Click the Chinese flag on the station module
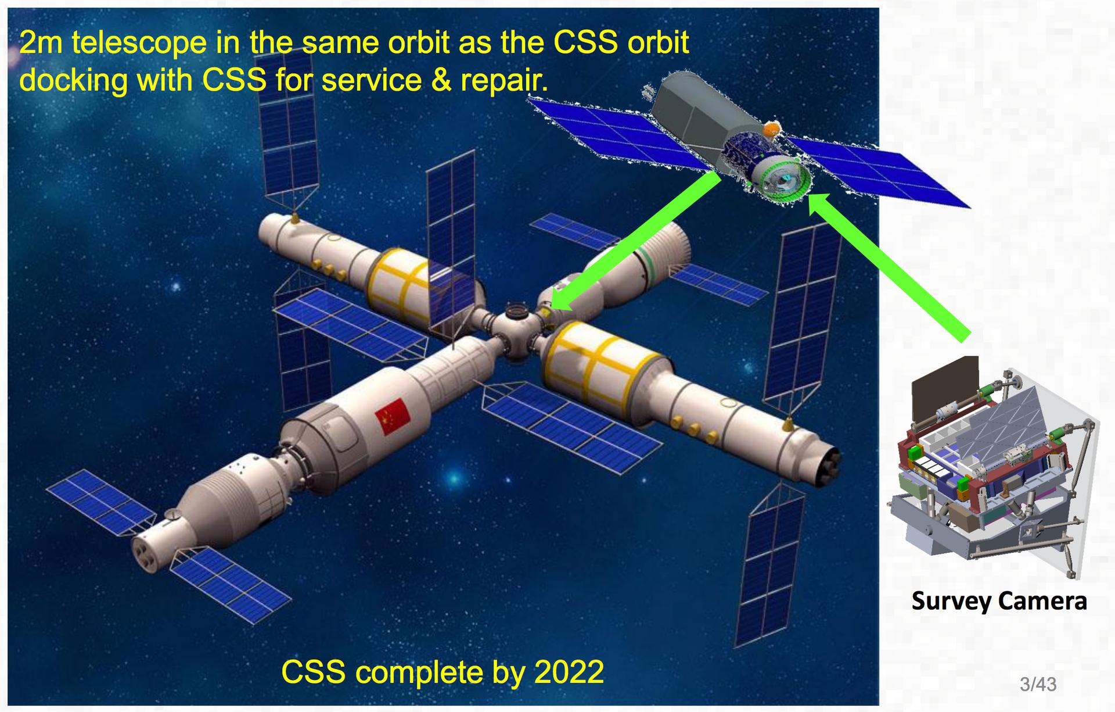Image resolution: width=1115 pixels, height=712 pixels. coord(393,416)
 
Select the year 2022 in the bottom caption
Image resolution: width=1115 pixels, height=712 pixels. coord(569,672)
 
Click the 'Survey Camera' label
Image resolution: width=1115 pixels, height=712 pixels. coord(999,601)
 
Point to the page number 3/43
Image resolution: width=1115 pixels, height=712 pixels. coord(1038,684)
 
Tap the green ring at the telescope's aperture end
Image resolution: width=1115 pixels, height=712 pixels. coord(781,177)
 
